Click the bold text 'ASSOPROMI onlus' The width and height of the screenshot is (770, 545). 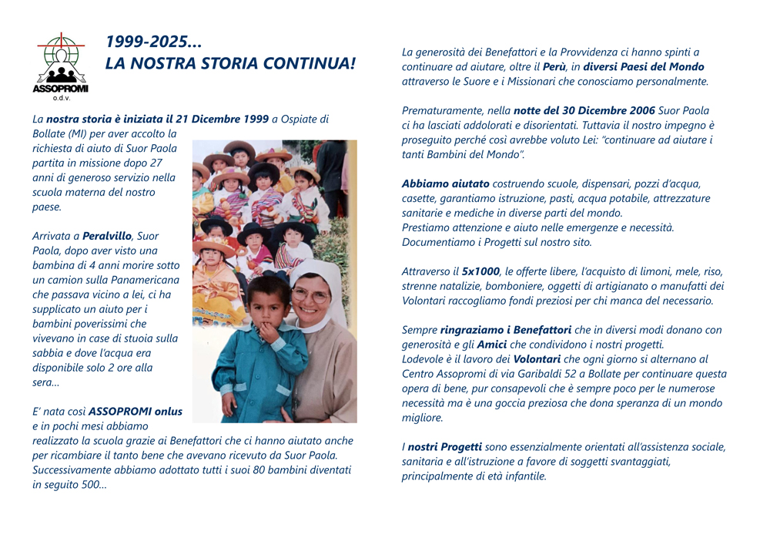[136, 411]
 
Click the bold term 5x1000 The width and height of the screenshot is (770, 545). [481, 271]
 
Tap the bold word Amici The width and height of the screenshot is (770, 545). [490, 345]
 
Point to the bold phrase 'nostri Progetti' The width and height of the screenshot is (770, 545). [444, 447]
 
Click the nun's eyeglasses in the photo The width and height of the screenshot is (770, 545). [311, 295]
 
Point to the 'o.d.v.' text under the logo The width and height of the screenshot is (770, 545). [61, 98]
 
